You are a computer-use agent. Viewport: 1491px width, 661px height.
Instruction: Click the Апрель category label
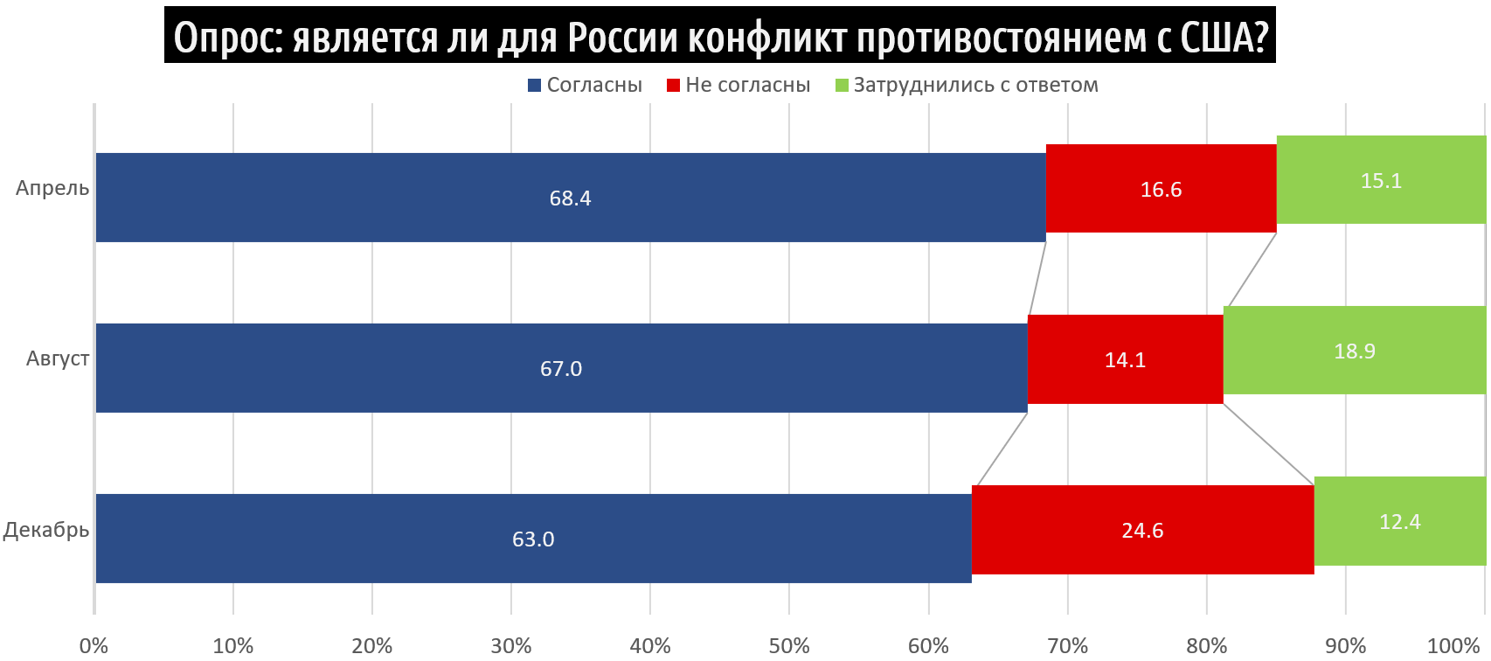[52, 188]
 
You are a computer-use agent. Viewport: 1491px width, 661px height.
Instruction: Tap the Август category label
[58, 358]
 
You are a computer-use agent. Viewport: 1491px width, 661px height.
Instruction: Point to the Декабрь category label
[46, 530]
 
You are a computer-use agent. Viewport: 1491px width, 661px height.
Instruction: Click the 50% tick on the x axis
[789, 646]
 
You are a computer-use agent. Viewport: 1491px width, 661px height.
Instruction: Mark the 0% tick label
[94, 646]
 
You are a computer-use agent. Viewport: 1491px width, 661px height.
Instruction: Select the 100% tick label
[1453, 646]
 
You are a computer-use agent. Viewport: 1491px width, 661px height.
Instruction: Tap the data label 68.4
[570, 198]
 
